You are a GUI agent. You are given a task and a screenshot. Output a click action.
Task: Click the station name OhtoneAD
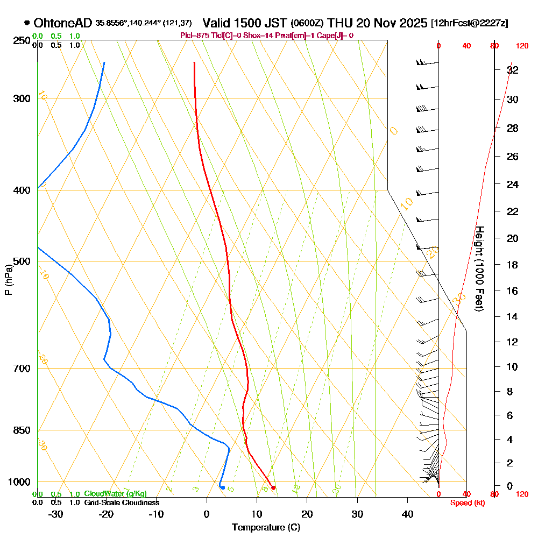[63, 23]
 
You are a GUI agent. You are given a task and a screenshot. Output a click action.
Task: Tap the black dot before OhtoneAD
[27, 23]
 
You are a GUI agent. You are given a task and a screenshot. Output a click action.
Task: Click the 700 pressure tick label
[21, 369]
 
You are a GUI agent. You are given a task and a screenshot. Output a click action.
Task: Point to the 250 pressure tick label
[21, 41]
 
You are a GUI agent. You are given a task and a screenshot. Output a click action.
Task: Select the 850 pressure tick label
[21, 430]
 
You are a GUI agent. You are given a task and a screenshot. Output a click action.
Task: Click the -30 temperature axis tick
[56, 514]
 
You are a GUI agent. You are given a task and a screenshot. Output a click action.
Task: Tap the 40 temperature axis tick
[407, 514]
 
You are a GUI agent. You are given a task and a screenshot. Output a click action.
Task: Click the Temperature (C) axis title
[266, 528]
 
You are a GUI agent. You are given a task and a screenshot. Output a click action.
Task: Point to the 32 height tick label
[513, 70]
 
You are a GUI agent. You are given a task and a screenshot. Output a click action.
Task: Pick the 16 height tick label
[513, 291]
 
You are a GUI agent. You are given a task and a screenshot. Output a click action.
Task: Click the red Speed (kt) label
[466, 502]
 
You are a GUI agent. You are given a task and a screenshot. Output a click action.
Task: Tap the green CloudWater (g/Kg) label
[115, 494]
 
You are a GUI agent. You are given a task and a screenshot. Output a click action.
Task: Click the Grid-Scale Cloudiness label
[122, 502]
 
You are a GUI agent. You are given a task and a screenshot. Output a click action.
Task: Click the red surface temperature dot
[273, 487]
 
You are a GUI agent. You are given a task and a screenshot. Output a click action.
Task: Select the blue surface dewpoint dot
[222, 487]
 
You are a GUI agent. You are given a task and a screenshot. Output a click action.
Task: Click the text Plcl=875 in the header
[196, 36]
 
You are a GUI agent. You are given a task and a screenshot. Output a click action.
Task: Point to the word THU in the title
[340, 23]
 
